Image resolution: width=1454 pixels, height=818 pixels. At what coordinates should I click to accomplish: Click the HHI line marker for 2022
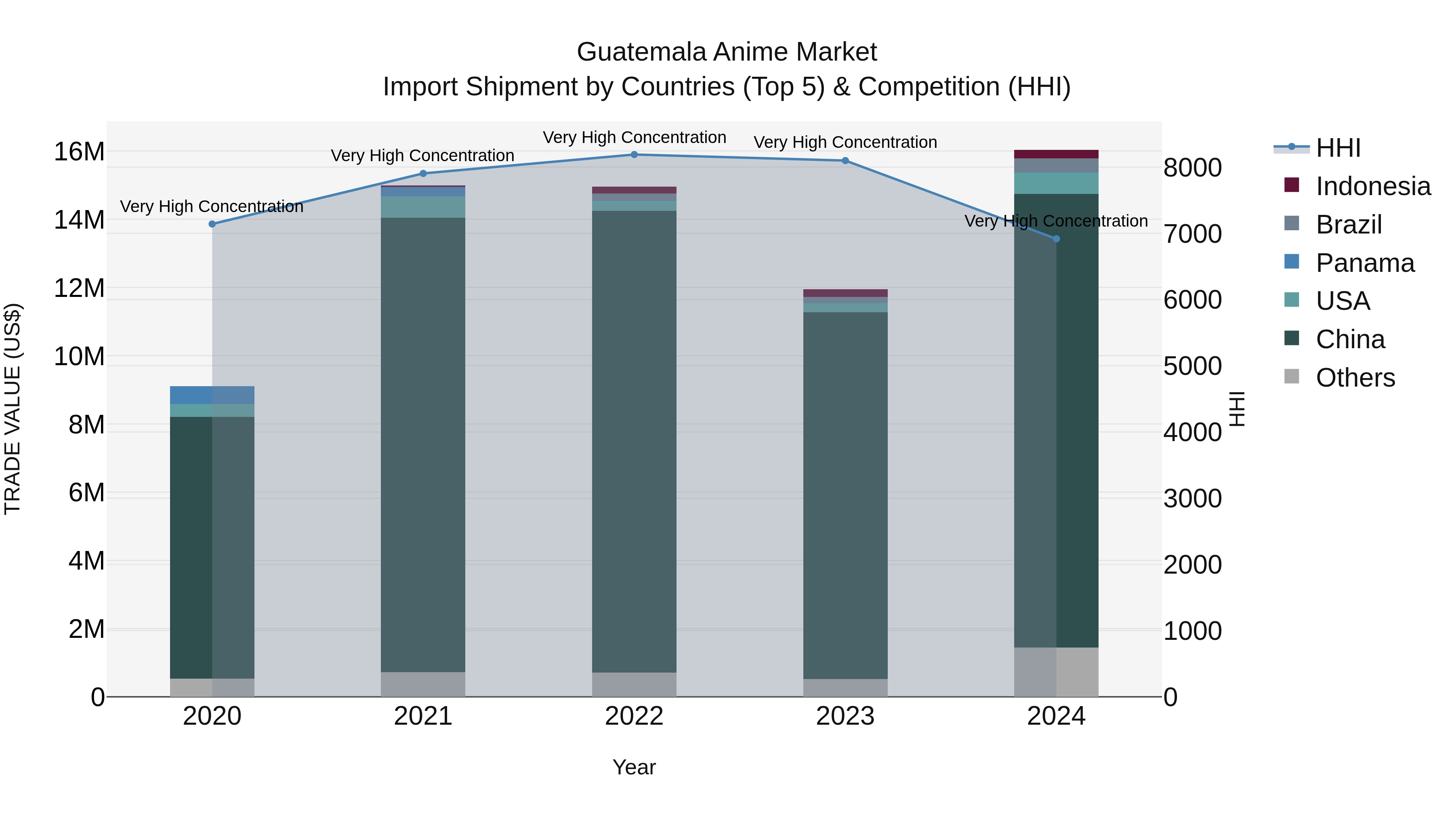(634, 155)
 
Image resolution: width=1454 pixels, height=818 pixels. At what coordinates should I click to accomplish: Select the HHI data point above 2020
(212, 224)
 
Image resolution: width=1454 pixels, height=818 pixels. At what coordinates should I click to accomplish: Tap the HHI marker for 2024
(1057, 239)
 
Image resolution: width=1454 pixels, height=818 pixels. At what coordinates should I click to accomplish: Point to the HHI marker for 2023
(845, 161)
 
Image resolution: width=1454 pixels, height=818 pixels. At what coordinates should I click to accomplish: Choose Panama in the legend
(1364, 263)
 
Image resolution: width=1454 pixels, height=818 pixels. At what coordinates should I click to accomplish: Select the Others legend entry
(1355, 378)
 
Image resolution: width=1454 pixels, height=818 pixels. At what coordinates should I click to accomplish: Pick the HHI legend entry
(1338, 148)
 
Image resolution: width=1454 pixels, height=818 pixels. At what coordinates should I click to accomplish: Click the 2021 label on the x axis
(423, 716)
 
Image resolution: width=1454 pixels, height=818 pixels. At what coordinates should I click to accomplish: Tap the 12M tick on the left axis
(79, 288)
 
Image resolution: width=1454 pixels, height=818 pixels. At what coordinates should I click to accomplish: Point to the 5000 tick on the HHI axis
(1192, 366)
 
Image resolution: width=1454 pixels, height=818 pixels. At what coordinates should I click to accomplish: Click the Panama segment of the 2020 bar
(212, 395)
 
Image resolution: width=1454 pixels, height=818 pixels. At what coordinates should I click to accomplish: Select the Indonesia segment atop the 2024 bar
(1056, 154)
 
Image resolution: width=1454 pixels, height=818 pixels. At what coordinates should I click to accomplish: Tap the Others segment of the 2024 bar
(1056, 672)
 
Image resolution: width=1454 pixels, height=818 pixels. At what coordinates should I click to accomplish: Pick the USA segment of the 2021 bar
(423, 207)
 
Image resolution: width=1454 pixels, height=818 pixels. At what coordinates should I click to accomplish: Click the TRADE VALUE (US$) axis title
(13, 409)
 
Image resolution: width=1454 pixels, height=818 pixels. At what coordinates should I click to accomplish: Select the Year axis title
(634, 767)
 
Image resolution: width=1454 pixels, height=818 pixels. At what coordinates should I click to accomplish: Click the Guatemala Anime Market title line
(727, 52)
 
